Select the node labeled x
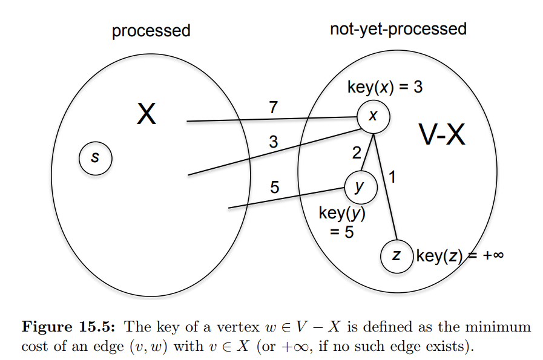tap(372, 116)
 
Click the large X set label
tap(146, 113)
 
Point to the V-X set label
tap(443, 136)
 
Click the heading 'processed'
tap(151, 30)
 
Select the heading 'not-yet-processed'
tap(398, 28)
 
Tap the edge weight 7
tap(273, 108)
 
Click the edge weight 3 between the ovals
tap(273, 142)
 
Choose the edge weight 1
tap(392, 178)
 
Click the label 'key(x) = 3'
tap(384, 87)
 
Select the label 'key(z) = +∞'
tap(460, 256)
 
